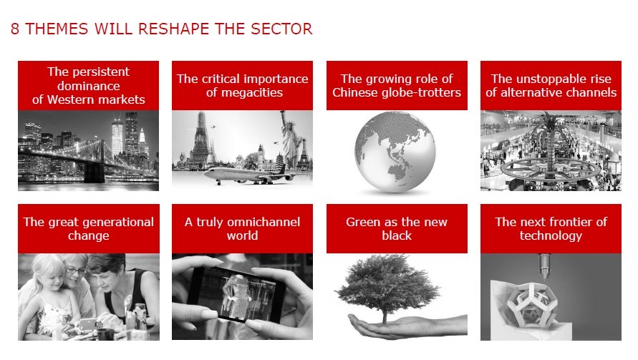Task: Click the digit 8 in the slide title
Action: (x=14, y=29)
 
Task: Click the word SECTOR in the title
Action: (x=281, y=29)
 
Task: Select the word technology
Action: (x=551, y=236)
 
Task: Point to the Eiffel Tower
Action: (x=304, y=155)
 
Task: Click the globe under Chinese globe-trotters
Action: (x=395, y=152)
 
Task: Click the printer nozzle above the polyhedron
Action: (x=544, y=267)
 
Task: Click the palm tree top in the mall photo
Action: (x=551, y=123)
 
